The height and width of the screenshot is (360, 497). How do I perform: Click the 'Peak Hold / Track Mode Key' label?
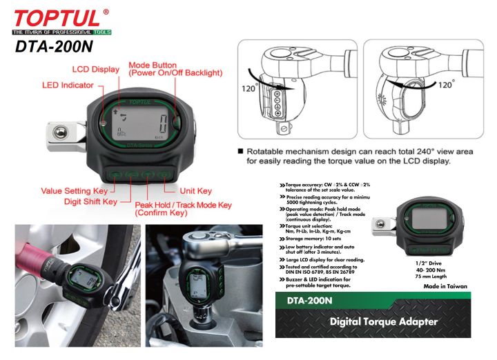click(x=183, y=205)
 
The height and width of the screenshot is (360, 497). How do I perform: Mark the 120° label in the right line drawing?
click(x=446, y=85)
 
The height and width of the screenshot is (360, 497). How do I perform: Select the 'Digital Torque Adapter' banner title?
click(x=384, y=321)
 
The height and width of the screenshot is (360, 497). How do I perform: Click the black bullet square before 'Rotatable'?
click(x=240, y=151)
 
